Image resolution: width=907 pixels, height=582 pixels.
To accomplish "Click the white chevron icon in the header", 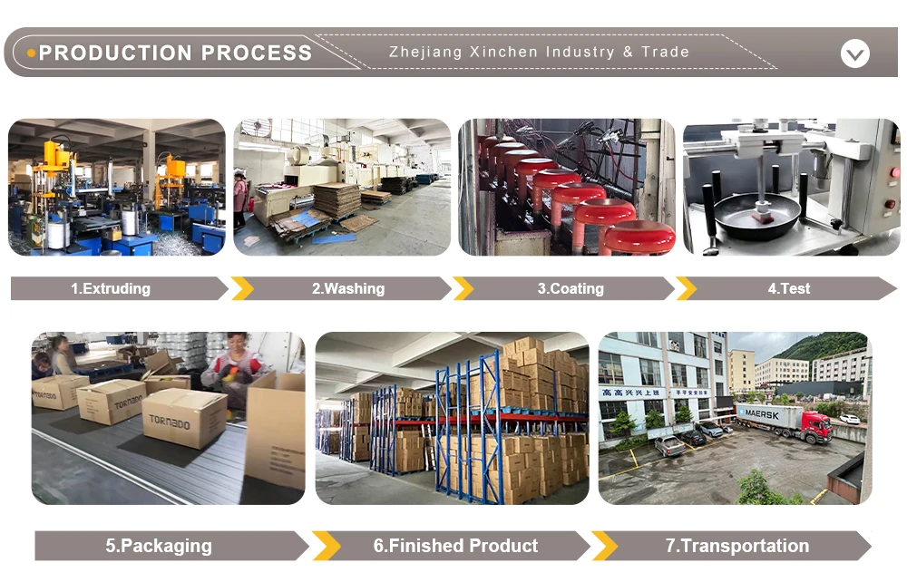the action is pos(854,53).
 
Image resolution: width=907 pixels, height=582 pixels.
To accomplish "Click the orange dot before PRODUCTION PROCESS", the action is pos(32,53).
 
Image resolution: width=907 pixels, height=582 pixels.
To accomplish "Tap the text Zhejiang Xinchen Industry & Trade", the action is pos(539,52).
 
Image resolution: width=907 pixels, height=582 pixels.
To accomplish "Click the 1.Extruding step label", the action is pos(111,288).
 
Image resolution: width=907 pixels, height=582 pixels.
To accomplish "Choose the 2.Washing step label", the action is pos(348,288).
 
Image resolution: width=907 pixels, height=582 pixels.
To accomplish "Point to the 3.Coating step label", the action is pos(570,288).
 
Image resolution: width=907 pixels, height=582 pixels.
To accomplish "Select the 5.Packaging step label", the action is pos(159,546).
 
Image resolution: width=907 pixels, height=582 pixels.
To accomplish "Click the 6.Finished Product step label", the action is pos(455,546).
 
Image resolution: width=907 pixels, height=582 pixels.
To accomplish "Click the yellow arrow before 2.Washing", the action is pos(241,288).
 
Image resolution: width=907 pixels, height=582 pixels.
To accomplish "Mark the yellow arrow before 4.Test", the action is pos(686,288).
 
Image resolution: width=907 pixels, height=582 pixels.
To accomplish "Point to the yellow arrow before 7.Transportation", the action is pos(604,546).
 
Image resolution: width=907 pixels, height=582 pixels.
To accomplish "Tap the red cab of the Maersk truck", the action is pos(817,426).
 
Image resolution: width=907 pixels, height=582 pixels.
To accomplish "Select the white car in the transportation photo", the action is pos(849,419).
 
